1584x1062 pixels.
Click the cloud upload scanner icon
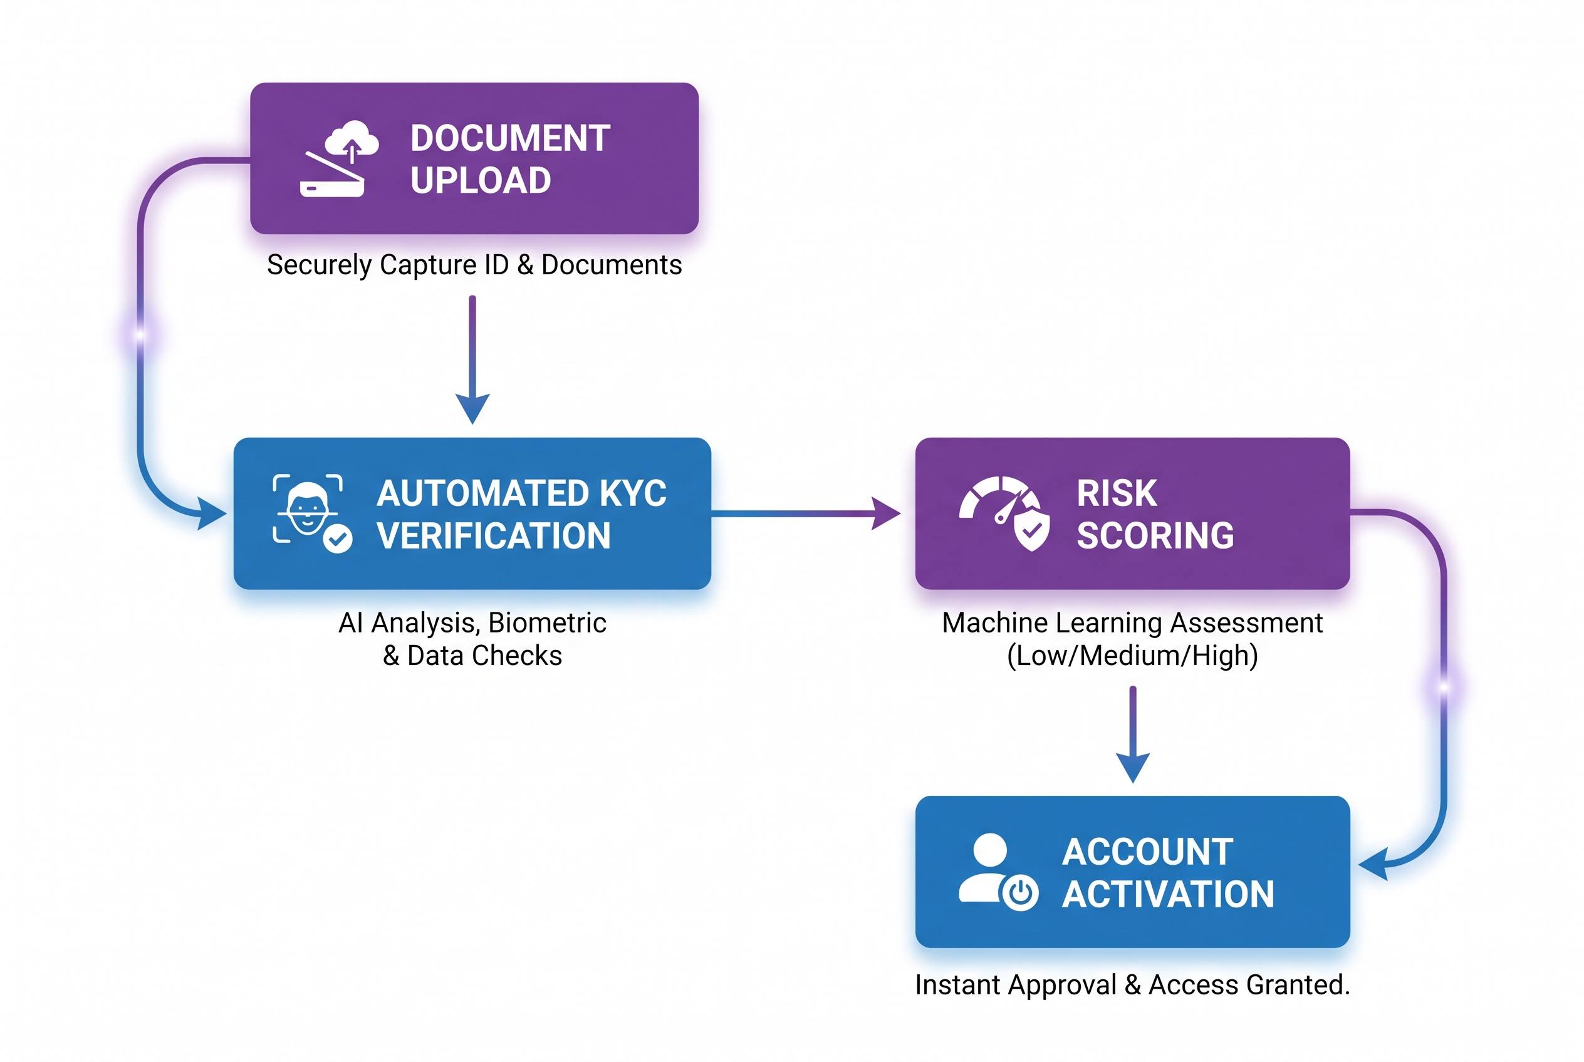(x=338, y=159)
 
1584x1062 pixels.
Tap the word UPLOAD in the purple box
(x=481, y=180)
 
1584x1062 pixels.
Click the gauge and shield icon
(x=1004, y=513)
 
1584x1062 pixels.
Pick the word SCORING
(x=1155, y=536)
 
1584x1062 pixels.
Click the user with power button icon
(x=998, y=872)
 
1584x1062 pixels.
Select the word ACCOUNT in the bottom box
(x=1147, y=852)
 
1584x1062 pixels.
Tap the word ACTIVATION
(x=1168, y=894)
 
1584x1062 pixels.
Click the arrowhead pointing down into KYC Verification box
(x=472, y=408)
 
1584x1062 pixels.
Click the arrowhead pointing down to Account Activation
(x=1133, y=768)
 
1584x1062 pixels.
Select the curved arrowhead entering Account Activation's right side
(x=1375, y=865)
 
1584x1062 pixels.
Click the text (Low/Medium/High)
(x=1132, y=656)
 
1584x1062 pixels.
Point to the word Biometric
(x=547, y=623)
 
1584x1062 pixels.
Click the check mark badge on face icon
(x=338, y=539)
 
